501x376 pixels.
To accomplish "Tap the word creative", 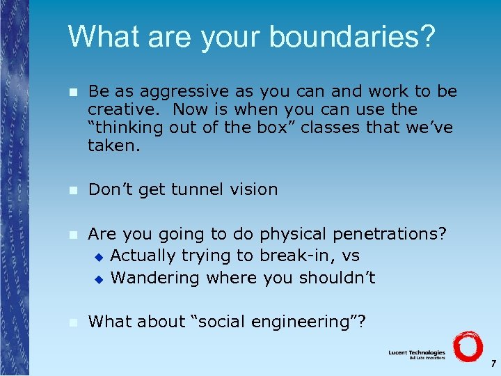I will (123, 110).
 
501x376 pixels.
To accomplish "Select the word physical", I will (280, 233).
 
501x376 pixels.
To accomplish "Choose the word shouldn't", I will (337, 278).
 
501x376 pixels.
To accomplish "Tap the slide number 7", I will (493, 363).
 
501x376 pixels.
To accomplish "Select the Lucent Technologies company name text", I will (416, 353).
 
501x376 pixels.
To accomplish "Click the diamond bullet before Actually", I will (99, 257).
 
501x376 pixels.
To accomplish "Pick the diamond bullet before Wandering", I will (99, 279).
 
